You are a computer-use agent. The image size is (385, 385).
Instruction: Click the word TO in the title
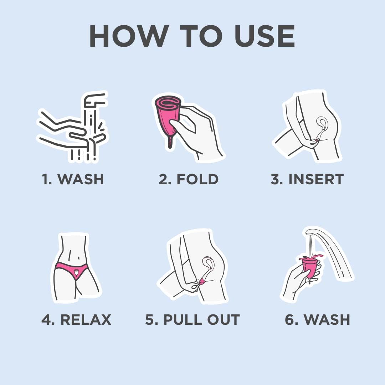(x=193, y=36)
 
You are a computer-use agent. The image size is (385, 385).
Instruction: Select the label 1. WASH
(x=73, y=179)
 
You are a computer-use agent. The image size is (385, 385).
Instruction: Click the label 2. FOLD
(x=189, y=179)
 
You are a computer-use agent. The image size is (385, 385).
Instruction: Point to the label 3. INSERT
(x=307, y=179)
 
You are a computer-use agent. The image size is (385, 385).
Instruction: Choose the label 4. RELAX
(x=76, y=319)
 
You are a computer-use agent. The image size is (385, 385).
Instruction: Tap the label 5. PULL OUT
(x=192, y=319)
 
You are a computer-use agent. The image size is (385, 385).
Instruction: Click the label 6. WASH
(x=317, y=319)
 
